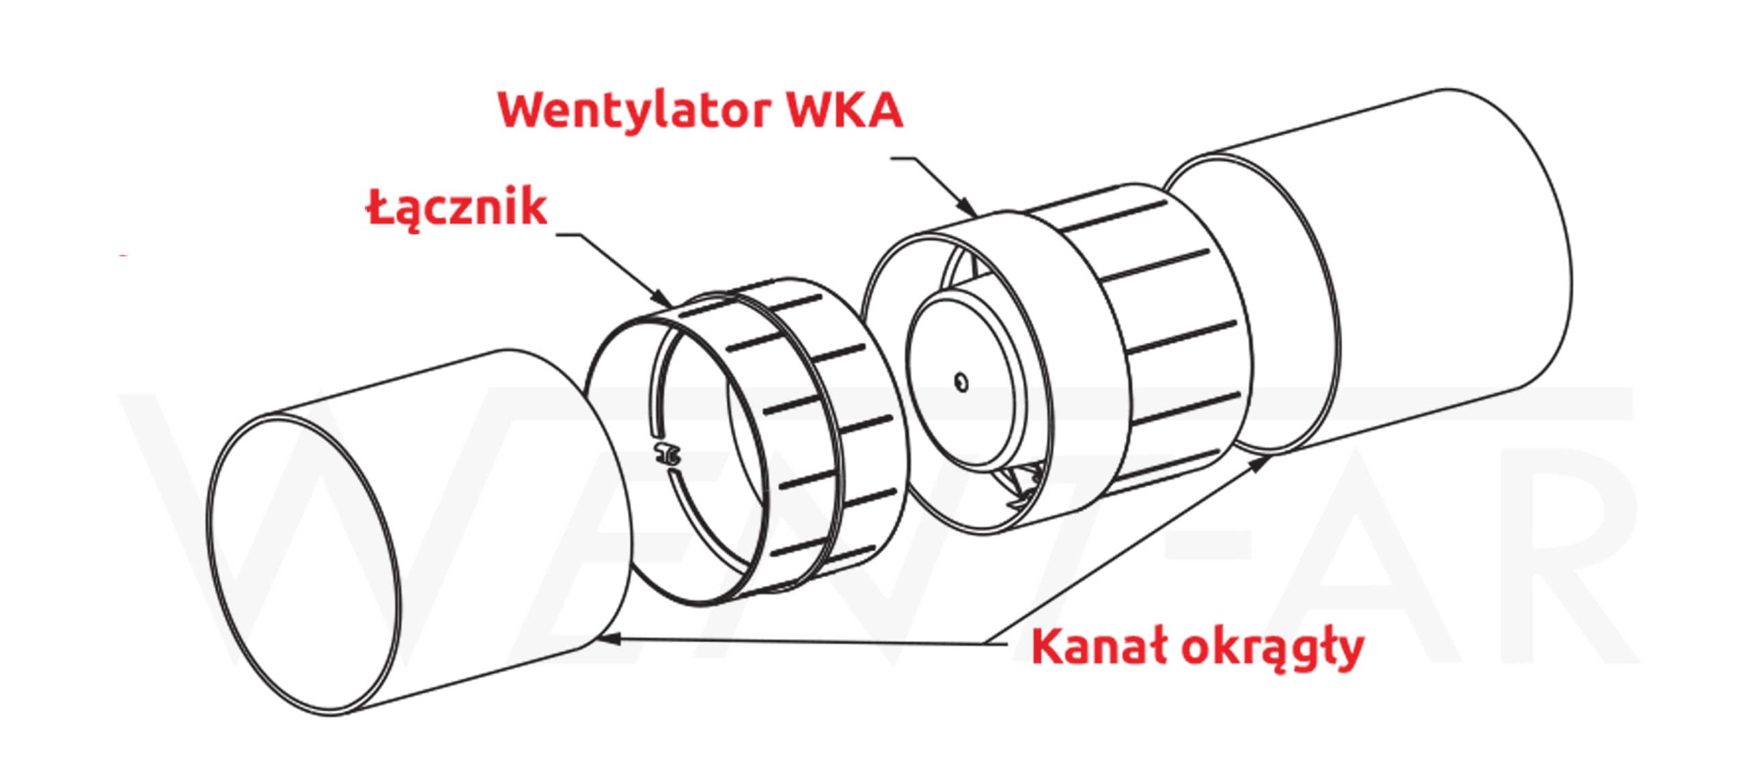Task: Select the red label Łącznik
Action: [x=457, y=207]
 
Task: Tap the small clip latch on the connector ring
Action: [x=666, y=453]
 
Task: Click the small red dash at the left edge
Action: [x=124, y=256]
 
